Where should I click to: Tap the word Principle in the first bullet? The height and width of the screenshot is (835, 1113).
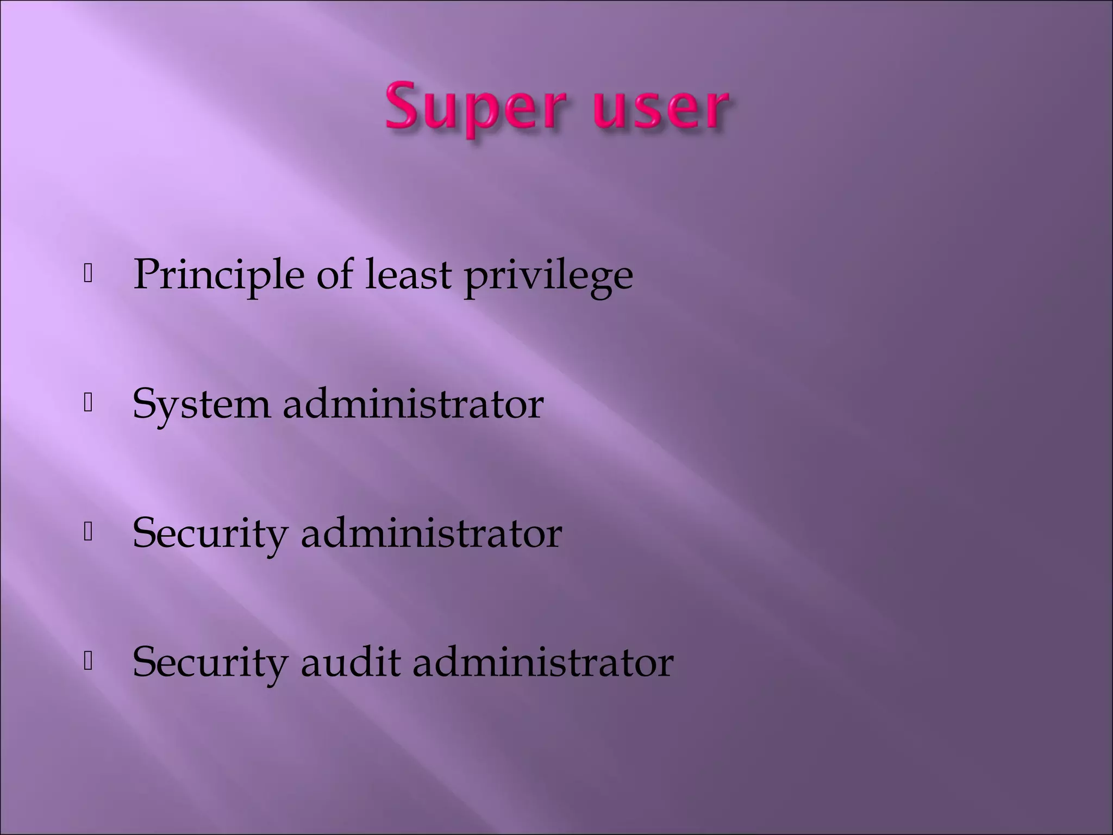(x=218, y=275)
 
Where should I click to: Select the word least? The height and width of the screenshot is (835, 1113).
(x=408, y=275)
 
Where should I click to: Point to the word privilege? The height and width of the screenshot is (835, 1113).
(x=548, y=275)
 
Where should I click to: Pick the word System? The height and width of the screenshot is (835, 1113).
(x=202, y=404)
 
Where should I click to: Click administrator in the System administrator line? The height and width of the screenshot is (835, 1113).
(x=413, y=404)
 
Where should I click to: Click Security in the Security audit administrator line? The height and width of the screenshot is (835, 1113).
(x=210, y=663)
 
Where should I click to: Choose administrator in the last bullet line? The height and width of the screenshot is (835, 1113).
(x=543, y=663)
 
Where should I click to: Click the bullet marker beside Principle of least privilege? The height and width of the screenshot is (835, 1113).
(x=88, y=275)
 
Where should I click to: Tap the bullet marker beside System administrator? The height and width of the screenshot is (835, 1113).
(x=88, y=403)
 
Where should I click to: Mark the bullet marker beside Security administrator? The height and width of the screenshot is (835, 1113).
(x=88, y=533)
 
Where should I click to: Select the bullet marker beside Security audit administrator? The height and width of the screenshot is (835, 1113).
(x=88, y=662)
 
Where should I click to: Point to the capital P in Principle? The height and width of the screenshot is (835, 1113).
(x=148, y=274)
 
